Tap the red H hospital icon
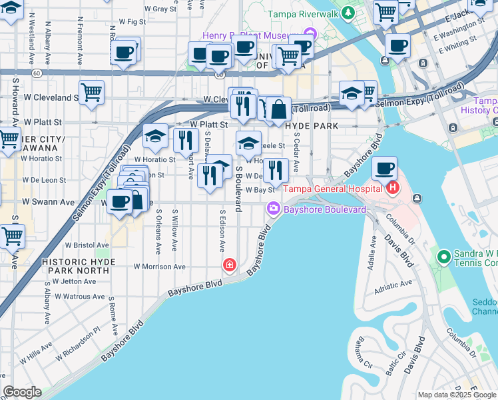point(392,188)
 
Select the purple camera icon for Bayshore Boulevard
point(273,210)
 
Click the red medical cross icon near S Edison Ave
point(230,266)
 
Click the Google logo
point(22,392)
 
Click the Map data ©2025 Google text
point(456,395)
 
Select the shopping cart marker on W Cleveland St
point(91,92)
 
